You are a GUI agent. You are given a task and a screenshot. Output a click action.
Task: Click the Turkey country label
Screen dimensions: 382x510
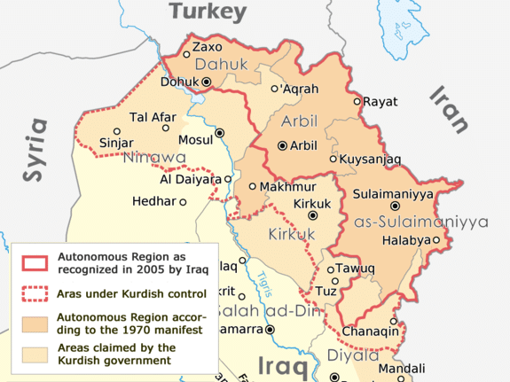pos(208,12)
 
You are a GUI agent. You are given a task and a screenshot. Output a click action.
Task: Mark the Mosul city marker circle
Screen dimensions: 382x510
pos(220,133)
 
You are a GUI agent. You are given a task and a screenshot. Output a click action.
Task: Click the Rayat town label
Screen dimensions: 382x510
pos(381,101)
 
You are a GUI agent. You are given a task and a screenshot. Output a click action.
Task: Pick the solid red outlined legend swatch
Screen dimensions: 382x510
pos(34,261)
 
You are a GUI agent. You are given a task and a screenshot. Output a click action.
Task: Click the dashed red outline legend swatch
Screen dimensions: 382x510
pos(34,292)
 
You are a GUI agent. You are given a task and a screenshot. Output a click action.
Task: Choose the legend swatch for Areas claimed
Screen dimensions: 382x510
pos(34,354)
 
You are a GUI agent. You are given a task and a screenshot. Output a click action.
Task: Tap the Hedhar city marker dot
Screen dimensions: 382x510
pos(184,202)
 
